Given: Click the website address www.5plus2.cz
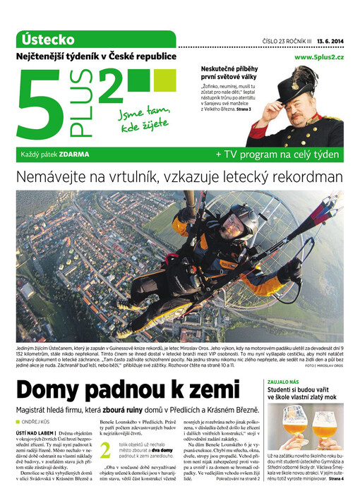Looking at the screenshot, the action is point(318,56).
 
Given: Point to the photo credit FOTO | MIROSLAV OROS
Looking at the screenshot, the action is point(324,366).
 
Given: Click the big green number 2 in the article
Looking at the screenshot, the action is point(105,452).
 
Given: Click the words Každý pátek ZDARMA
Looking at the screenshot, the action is point(49,154).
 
